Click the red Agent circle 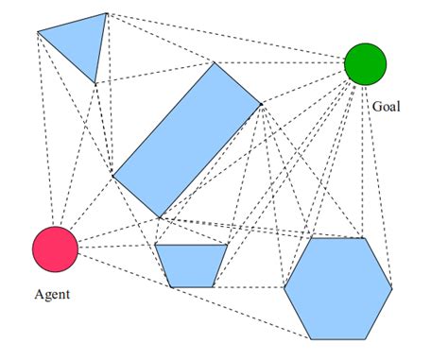(x=54, y=249)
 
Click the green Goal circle (x=365, y=63)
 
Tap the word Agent (x=52, y=294)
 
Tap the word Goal (x=386, y=107)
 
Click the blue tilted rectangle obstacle (x=186, y=140)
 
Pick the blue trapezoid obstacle (x=191, y=265)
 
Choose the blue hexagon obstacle (x=337, y=288)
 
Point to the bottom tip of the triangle (x=95, y=83)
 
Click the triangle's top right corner (x=107, y=14)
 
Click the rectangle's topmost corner (x=214, y=63)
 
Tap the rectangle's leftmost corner (x=113, y=176)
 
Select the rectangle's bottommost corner (x=161, y=217)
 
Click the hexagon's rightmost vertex (x=391, y=288)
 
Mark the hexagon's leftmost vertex (x=284, y=288)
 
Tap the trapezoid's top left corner (x=155, y=246)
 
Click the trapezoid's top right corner (x=230, y=246)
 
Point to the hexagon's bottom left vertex (x=311, y=338)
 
